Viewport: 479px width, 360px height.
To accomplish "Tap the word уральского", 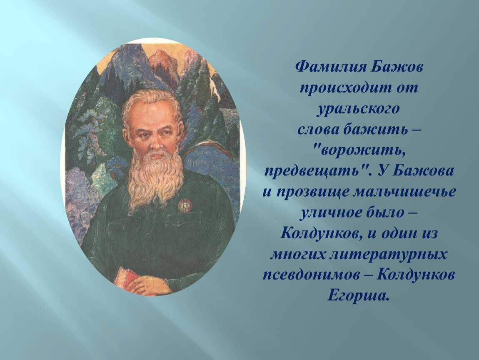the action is click(x=358, y=109).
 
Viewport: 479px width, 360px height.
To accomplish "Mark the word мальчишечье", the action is click(x=404, y=192).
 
